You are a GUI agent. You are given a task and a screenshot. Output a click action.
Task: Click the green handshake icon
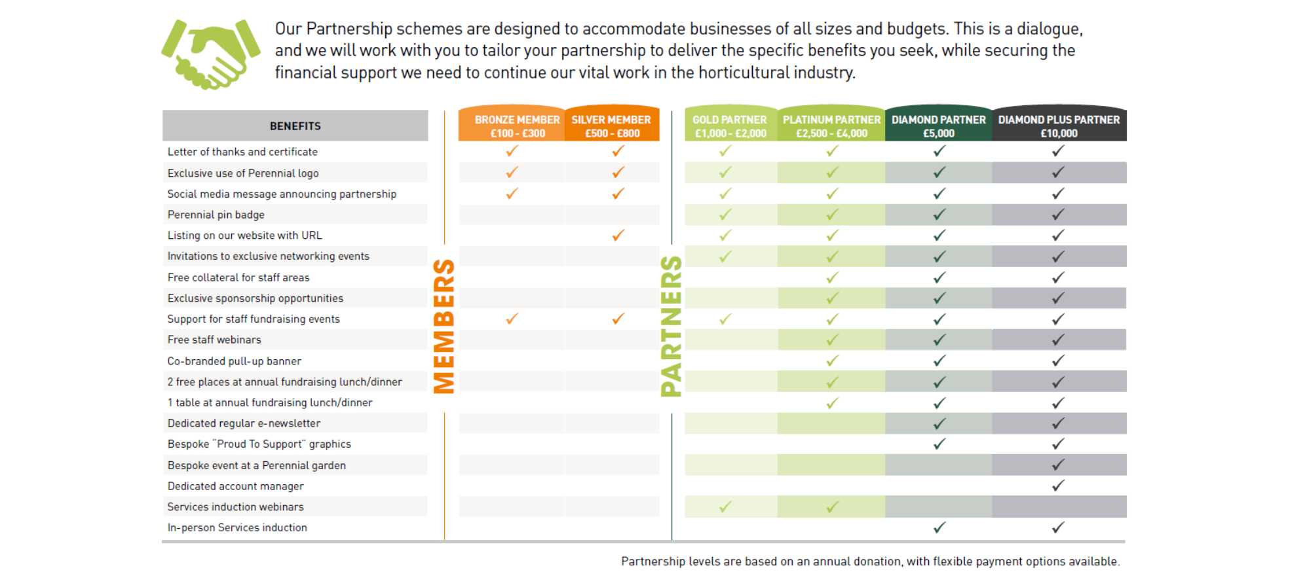[210, 54]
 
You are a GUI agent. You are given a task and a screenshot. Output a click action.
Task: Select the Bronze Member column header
[517, 126]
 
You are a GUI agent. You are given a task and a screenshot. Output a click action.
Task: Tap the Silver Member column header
[611, 126]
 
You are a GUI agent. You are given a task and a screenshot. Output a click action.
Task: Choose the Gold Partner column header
[730, 126]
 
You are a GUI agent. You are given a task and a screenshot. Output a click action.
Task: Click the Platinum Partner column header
[831, 126]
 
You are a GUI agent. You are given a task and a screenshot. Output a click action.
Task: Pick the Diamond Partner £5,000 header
[938, 126]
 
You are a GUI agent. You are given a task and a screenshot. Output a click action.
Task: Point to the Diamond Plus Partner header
[1059, 126]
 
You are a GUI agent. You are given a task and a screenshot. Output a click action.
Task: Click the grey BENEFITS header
[295, 126]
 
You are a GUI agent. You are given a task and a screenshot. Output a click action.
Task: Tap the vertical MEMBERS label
[444, 326]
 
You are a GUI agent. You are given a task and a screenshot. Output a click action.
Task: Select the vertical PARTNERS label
[671, 326]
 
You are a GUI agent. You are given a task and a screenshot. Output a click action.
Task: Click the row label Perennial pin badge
[216, 215]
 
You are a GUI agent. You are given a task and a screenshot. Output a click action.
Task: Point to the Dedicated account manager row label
[235, 486]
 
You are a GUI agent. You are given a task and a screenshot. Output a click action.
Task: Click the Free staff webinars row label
[214, 340]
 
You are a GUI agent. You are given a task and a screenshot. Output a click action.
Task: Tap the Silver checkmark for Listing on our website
[618, 235]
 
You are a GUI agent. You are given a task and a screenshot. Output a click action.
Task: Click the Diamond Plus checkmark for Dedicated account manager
[1058, 486]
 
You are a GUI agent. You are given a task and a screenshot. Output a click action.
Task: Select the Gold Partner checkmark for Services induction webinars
[725, 506]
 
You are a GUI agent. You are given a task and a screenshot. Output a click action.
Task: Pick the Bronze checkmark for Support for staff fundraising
[512, 319]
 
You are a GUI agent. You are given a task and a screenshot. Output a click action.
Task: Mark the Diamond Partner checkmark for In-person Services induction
[939, 527]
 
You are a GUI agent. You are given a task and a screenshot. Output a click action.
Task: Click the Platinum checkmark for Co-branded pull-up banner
[832, 361]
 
